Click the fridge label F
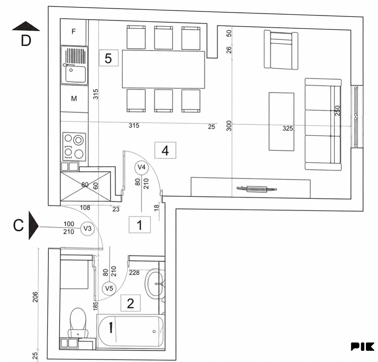point(74,31)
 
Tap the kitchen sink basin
point(75,74)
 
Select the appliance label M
point(74,99)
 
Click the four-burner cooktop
point(74,147)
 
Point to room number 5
point(108,58)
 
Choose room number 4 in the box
point(165,150)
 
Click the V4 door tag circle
point(142,167)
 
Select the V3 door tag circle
point(87,229)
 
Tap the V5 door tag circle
point(109,288)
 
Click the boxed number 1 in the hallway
point(140,225)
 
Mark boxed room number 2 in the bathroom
point(131,303)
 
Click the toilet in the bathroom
point(78,322)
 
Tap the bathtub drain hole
point(154,332)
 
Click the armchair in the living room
point(281,50)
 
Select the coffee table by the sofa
point(281,122)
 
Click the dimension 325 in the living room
point(288,128)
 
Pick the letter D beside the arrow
point(26,41)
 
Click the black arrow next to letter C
point(34,226)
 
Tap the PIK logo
point(362,347)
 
